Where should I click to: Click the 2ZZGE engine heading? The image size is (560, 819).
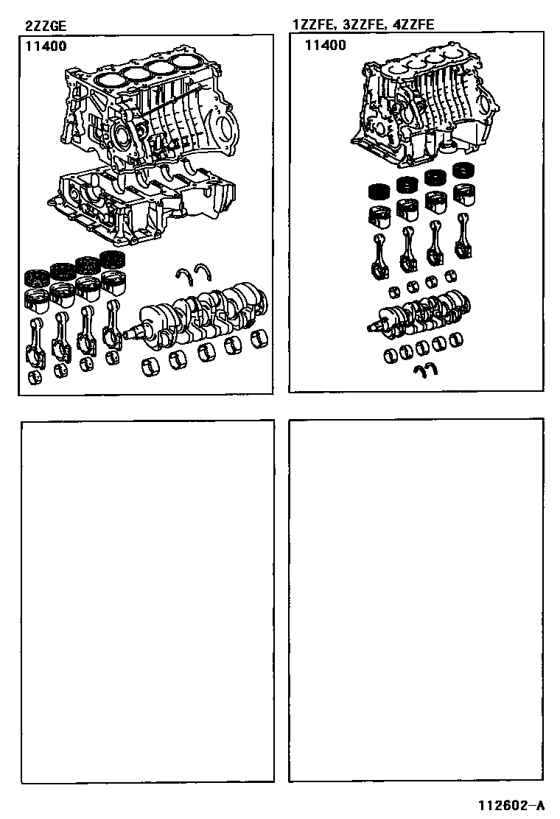(46, 26)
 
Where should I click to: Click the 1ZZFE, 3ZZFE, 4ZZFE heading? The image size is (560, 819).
(363, 24)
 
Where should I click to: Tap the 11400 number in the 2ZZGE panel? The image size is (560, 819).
(46, 46)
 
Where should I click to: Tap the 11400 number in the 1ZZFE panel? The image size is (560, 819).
(326, 46)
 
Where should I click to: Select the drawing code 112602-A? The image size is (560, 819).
(511, 804)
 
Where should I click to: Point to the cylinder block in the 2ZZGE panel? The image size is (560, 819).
(149, 112)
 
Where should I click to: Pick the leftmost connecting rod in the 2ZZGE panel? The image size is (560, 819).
(35, 343)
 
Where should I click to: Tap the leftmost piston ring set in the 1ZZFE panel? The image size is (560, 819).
(379, 191)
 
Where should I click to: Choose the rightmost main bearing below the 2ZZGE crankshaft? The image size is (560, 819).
(259, 339)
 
